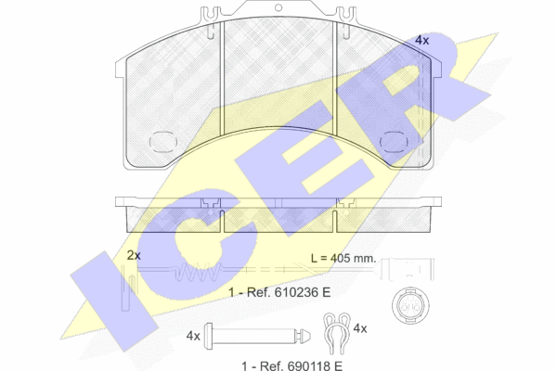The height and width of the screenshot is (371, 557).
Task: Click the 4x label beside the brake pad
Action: (x=422, y=41)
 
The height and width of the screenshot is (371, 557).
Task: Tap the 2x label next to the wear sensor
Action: (x=134, y=255)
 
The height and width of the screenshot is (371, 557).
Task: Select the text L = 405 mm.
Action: (x=343, y=258)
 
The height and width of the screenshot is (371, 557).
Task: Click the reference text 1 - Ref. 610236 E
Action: (x=279, y=292)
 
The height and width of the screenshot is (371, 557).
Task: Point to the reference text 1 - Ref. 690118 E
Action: (x=292, y=365)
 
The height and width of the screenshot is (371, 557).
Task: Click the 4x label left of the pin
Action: (x=193, y=336)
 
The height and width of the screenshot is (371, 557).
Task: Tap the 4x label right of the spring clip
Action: (x=360, y=328)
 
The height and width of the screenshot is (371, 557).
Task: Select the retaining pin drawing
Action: (x=257, y=336)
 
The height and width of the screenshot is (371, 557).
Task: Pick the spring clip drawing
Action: (x=337, y=333)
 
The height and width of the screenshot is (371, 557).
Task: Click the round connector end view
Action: (x=410, y=305)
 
